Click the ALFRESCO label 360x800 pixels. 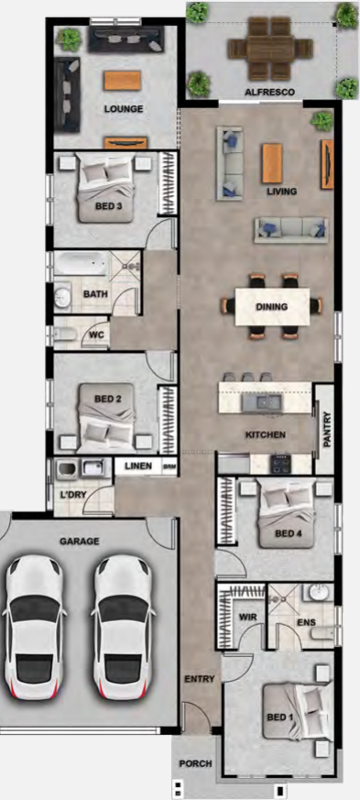[x=269, y=93]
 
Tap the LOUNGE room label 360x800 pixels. [x=124, y=109]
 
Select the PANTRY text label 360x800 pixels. [x=327, y=430]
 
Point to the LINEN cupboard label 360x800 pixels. [x=138, y=466]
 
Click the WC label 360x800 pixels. [x=96, y=335]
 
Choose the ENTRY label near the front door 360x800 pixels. [x=200, y=678]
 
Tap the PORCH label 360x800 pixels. [x=195, y=763]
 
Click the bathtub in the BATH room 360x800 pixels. [x=82, y=264]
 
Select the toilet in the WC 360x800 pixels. [x=64, y=334]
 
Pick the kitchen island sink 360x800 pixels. [x=262, y=402]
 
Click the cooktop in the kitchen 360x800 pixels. [x=281, y=464]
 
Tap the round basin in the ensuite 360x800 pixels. [x=320, y=593]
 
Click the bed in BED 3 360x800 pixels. [x=105, y=188]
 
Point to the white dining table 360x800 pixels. [x=272, y=307]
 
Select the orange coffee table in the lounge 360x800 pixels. [x=123, y=81]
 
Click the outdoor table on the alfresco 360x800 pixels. [x=269, y=49]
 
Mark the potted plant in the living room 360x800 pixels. [x=322, y=121]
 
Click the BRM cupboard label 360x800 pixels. [x=169, y=466]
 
